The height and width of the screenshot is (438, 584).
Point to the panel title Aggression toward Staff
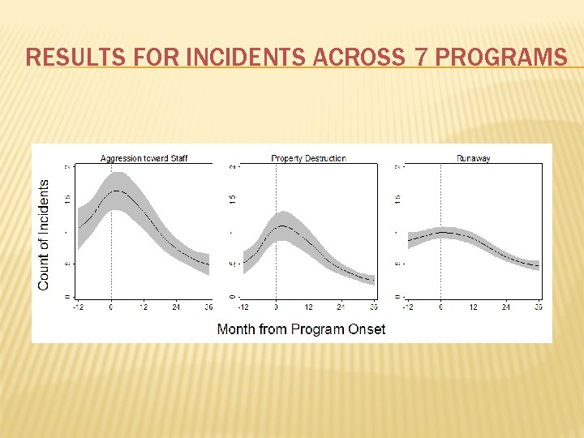(144, 158)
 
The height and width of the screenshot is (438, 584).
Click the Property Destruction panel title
(308, 158)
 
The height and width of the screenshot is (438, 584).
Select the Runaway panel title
(473, 158)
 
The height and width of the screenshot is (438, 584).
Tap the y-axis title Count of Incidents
(44, 234)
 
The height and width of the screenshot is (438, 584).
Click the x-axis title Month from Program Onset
(301, 328)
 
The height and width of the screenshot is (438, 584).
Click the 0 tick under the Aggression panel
(111, 307)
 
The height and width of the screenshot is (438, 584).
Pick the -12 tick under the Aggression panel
(78, 307)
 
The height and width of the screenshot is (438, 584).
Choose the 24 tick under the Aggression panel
(176, 307)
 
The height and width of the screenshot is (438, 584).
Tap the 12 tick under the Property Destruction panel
(308, 307)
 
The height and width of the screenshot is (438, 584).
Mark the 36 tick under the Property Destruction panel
(373, 307)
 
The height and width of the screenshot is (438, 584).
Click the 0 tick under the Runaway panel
(440, 307)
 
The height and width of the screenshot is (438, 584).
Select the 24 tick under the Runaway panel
(505, 307)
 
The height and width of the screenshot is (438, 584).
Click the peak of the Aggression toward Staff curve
(117, 191)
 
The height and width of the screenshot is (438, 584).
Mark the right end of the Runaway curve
(539, 266)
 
